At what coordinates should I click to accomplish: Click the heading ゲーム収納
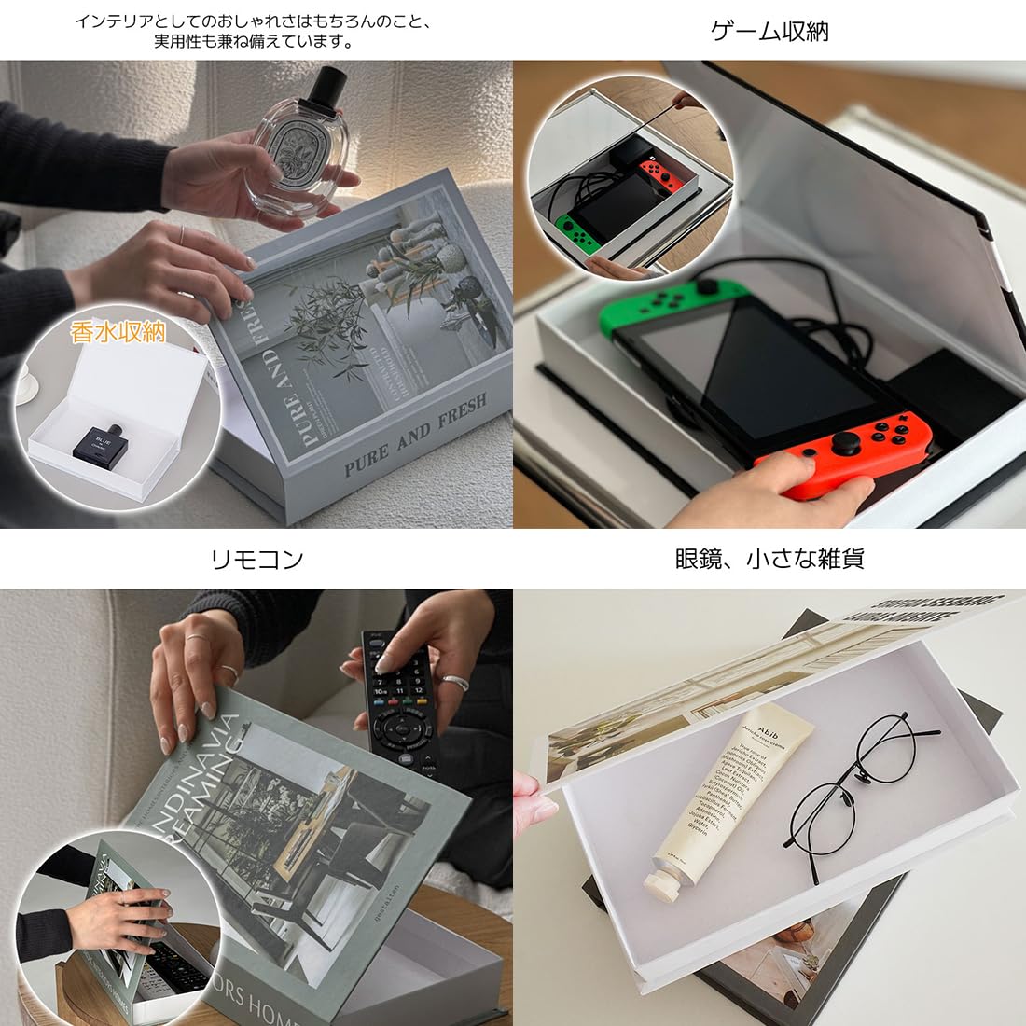click(769, 31)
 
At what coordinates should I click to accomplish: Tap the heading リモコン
click(256, 560)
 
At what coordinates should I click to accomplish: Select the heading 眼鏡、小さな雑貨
click(769, 559)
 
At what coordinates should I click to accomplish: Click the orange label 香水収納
click(118, 331)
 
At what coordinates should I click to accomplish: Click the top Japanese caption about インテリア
click(254, 30)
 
